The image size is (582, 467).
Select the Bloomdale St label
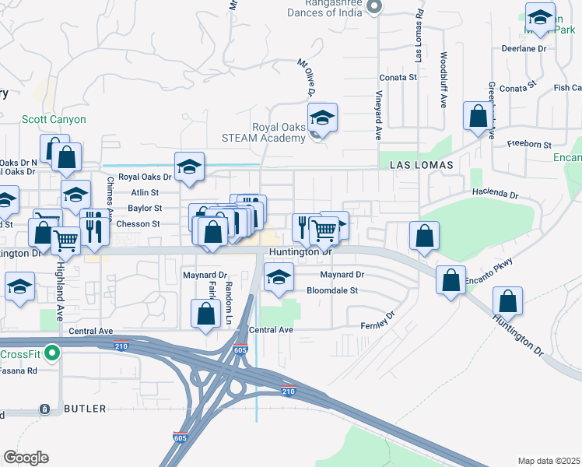pyautogui.click(x=331, y=290)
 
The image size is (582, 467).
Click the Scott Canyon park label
pyautogui.click(x=54, y=120)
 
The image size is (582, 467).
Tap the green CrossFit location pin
pyautogui.click(x=51, y=353)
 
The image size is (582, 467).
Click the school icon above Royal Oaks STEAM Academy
pyautogui.click(x=322, y=118)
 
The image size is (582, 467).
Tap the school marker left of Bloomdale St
pyautogui.click(x=278, y=278)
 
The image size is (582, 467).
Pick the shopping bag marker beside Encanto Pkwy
pyautogui.click(x=451, y=281)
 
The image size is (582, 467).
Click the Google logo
pyautogui.click(x=26, y=458)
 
